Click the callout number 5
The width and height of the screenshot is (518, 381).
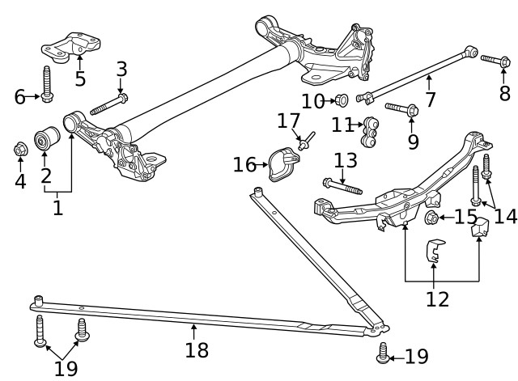pyautogui.click(x=79, y=78)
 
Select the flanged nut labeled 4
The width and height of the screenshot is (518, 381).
pyautogui.click(x=20, y=150)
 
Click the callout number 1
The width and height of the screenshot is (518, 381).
pyautogui.click(x=57, y=208)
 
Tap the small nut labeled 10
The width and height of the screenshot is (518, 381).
pyautogui.click(x=342, y=100)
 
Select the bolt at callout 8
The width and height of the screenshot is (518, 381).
pyautogui.click(x=494, y=59)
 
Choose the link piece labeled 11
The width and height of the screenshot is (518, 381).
pyautogui.click(x=372, y=132)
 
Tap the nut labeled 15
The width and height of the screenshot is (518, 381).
pyautogui.click(x=431, y=218)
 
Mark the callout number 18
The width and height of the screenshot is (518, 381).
pyautogui.click(x=196, y=349)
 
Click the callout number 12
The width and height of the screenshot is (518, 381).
pyautogui.click(x=437, y=299)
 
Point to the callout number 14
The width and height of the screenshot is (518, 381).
pyautogui.click(x=505, y=216)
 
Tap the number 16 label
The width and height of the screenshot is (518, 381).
pyautogui.click(x=244, y=164)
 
